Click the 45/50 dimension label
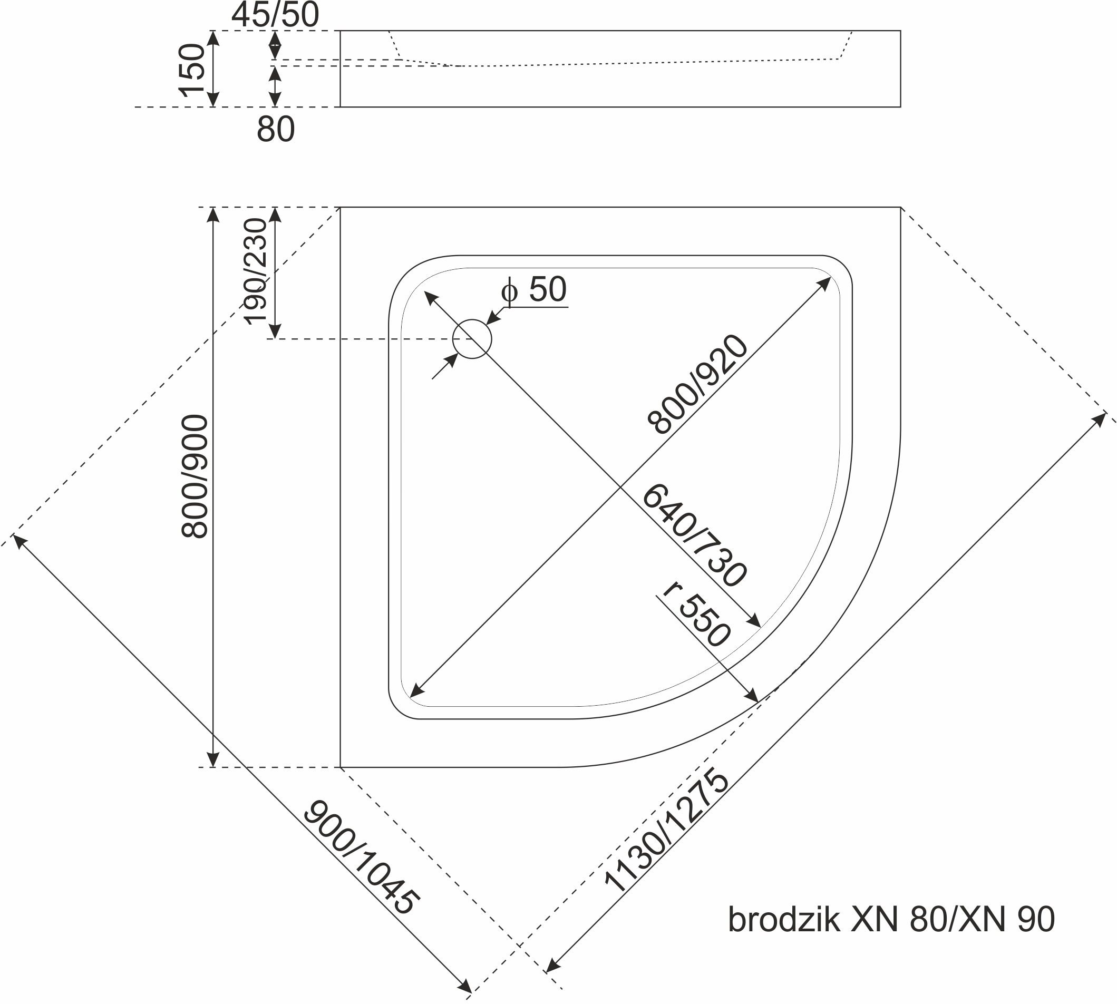pyautogui.click(x=275, y=15)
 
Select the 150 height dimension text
pyautogui.click(x=192, y=70)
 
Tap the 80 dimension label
pyautogui.click(x=276, y=130)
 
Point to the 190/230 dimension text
pyautogui.click(x=255, y=271)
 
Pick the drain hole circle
pyautogui.click(x=472, y=339)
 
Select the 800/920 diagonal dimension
pyautogui.click(x=698, y=385)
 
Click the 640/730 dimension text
pyautogui.click(x=694, y=534)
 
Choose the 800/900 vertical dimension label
pyautogui.click(x=195, y=476)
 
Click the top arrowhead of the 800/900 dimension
pyautogui.click(x=213, y=213)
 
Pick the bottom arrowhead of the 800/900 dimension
pyautogui.click(x=213, y=760)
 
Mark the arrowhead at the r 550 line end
pyautogui.click(x=753, y=696)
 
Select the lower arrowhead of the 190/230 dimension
pyautogui.click(x=275, y=332)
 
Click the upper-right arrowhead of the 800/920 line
pyautogui.click(x=824, y=283)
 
